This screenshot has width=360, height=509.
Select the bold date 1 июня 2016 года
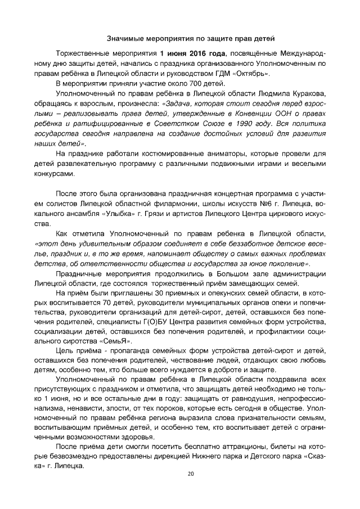click(192, 53)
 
